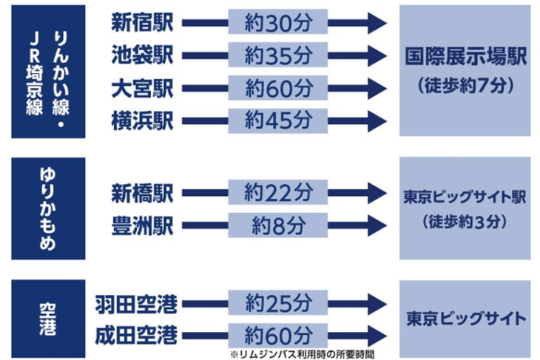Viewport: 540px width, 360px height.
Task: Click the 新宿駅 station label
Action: [142, 23]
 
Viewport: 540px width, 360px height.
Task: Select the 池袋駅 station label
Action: [142, 55]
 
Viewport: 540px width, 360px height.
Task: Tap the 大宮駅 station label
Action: [142, 89]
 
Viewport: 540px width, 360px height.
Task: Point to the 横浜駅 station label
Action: [142, 121]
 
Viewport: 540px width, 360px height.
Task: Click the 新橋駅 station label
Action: [142, 193]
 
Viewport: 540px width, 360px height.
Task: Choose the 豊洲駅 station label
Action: [142, 225]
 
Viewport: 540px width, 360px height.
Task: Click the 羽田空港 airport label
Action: [136, 305]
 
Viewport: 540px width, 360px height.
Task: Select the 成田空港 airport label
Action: [136, 336]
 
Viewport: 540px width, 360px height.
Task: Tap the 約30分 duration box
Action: [277, 21]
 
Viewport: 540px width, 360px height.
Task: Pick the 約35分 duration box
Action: [277, 55]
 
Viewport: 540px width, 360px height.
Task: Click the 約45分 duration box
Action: [277, 120]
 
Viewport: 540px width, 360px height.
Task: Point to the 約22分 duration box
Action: [277, 192]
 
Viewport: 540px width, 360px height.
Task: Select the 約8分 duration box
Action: [277, 225]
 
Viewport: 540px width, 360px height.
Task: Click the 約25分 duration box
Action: [277, 303]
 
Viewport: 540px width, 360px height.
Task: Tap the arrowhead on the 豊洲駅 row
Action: [377, 225]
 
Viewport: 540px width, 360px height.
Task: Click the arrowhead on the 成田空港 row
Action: [377, 336]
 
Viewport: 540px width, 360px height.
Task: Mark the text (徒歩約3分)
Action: [465, 222]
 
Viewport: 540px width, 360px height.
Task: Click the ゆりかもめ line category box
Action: [48, 208]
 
